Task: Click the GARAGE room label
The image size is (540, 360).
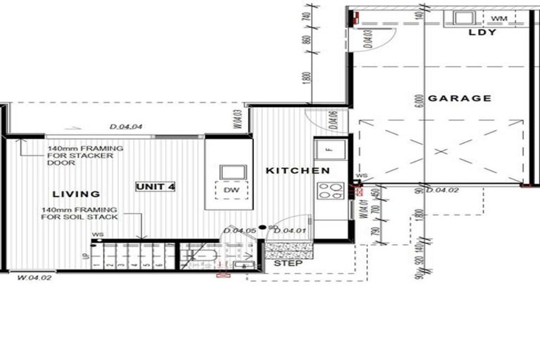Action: [x=460, y=98]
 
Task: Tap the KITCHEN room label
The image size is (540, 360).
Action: [x=297, y=171]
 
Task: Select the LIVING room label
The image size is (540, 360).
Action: [x=75, y=193]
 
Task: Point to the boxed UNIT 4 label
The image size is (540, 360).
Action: [x=155, y=186]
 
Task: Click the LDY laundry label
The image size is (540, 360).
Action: [x=483, y=32]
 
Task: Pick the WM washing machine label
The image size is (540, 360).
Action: [x=499, y=18]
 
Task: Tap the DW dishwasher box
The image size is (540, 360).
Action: [x=231, y=190]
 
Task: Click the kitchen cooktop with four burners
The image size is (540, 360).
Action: [x=330, y=191]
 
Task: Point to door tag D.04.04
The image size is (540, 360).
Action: [x=127, y=127]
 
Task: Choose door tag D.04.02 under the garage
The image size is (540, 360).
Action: [x=442, y=190]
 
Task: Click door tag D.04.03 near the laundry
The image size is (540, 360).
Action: [x=368, y=38]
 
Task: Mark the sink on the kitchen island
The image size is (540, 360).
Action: [x=231, y=172]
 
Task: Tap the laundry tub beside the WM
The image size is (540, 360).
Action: [x=464, y=18]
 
